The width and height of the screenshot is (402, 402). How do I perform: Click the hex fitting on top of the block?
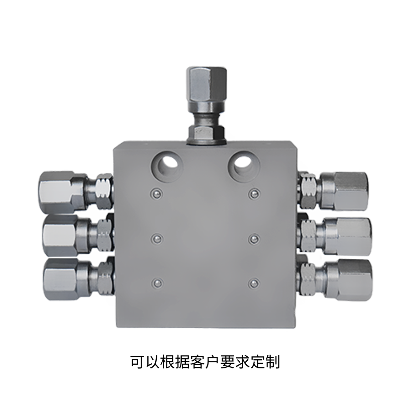click(x=207, y=106)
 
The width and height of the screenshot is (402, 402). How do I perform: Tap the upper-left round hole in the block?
click(x=167, y=166)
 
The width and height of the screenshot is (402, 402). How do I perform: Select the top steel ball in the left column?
click(x=156, y=193)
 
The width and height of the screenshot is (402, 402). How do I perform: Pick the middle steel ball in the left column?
click(x=157, y=239)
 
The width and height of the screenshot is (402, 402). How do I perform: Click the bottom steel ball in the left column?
click(x=157, y=283)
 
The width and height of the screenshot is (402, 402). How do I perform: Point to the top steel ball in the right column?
click(x=254, y=193)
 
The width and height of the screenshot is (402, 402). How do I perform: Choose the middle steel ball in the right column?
click(x=254, y=239)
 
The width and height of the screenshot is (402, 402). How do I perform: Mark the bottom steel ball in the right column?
click(x=254, y=283)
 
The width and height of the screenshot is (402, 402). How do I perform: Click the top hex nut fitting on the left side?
click(x=76, y=192)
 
